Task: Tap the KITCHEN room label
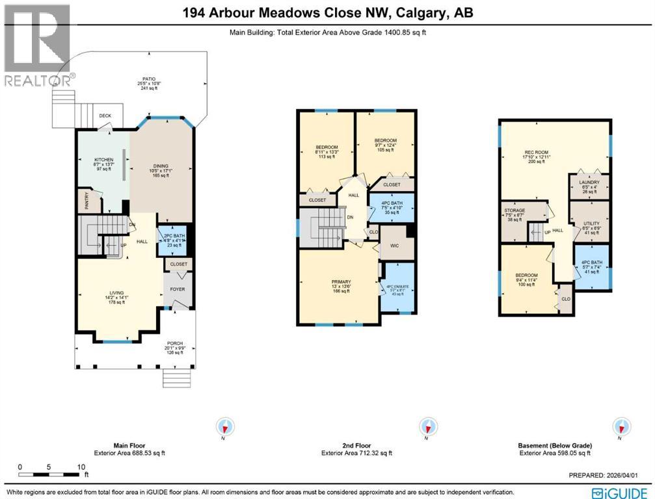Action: [x=104, y=159]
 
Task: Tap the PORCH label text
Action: [x=174, y=342]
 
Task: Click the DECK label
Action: [x=105, y=116]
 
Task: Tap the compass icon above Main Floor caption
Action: [x=225, y=427]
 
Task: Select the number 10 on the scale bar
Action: [x=81, y=467]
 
